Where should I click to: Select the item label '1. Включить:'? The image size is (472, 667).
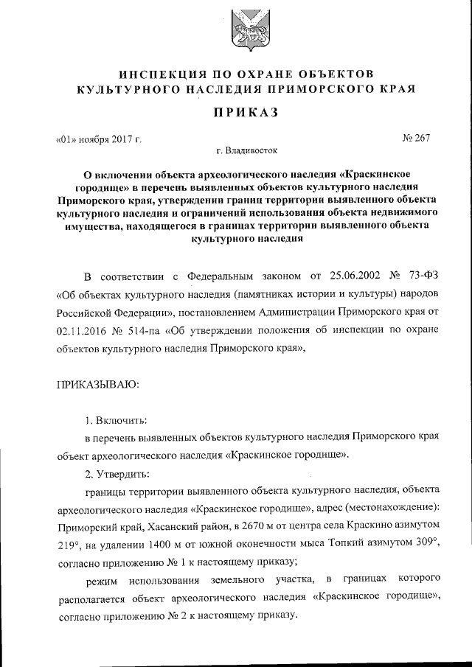[116, 420]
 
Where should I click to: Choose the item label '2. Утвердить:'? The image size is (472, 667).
[118, 472]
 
